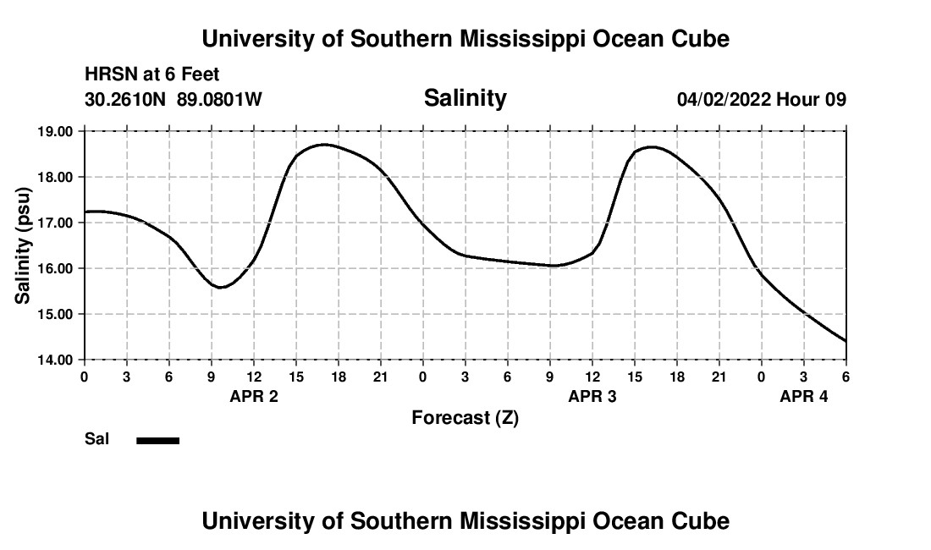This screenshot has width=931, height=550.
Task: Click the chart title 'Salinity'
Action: tap(465, 98)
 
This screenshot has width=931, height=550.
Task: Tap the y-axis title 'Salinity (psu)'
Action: tap(24, 245)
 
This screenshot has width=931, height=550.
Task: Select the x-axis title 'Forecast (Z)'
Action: tap(465, 417)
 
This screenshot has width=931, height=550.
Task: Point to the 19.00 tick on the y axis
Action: tap(55, 132)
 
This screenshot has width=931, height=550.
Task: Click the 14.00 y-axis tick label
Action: tap(55, 360)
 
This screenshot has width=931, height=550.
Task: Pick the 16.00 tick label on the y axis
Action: tap(55, 268)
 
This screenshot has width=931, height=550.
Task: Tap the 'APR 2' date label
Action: tap(254, 396)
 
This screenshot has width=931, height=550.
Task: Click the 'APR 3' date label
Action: tap(592, 396)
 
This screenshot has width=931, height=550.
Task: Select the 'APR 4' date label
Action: tap(803, 396)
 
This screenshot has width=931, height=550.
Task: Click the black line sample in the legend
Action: tap(157, 440)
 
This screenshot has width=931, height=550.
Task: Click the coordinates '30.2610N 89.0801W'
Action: tap(174, 100)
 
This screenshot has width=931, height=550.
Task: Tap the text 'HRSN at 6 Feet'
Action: tap(151, 74)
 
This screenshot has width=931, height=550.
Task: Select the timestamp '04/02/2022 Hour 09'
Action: tap(761, 100)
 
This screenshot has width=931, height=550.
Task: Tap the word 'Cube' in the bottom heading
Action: tap(699, 521)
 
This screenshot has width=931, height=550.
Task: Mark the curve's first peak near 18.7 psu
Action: tap(324, 145)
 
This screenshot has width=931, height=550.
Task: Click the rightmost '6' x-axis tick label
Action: tap(846, 377)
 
